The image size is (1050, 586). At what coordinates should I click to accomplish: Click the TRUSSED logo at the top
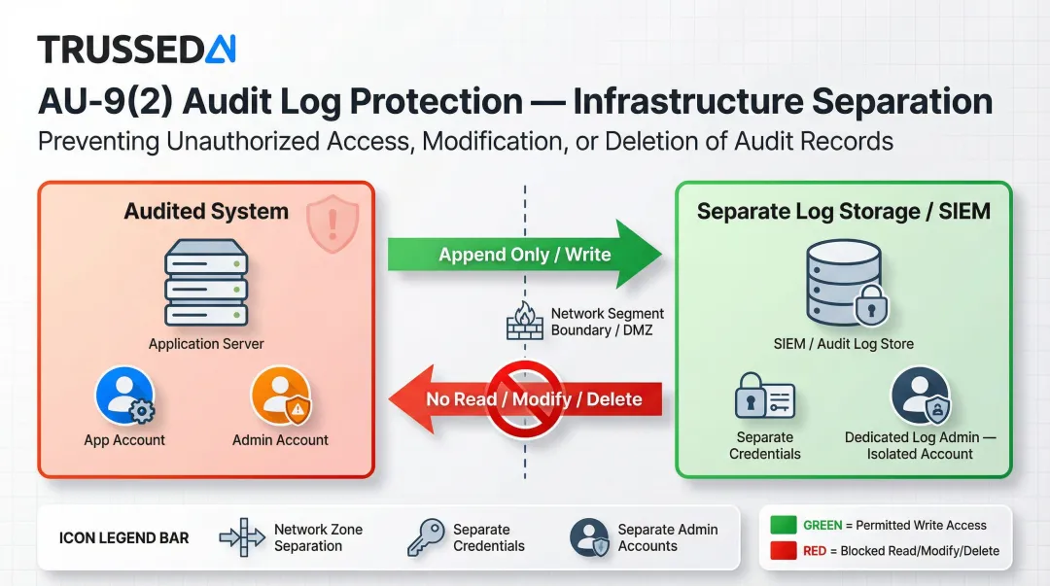136,49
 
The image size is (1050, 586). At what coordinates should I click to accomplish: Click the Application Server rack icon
206,283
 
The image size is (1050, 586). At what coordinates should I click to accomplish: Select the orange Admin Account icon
280,396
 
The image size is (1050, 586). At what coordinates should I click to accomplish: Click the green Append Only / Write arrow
524,255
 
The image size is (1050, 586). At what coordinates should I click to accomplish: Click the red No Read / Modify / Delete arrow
524,399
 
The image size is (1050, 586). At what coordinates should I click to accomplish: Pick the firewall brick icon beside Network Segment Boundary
525,322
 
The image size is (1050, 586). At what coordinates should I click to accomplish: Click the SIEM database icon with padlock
842,284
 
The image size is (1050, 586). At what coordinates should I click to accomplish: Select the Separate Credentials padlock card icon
765,399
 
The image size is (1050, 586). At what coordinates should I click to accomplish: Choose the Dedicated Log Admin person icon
920,396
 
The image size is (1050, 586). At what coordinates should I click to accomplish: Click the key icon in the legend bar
426,536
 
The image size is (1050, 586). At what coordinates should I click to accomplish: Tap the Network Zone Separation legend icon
242,536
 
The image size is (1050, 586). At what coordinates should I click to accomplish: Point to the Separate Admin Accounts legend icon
589,536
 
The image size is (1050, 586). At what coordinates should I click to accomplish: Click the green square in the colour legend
783,525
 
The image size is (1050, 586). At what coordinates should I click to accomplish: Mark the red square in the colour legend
783,551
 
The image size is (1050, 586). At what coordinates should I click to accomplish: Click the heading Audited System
206,211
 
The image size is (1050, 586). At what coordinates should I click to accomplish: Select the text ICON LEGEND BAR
124,537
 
